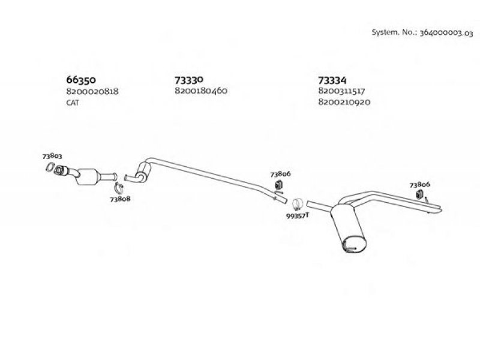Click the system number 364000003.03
(446, 33)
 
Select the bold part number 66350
(81, 80)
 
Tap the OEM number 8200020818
(92, 91)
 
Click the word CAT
(73, 103)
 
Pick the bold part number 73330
(189, 80)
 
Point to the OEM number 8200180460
(201, 91)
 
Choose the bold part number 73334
(332, 80)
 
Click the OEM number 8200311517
(341, 91)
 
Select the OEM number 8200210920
(344, 101)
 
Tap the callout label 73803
(52, 156)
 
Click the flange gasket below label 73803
(50, 167)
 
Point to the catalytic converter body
(88, 176)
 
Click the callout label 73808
(121, 199)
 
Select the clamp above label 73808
(119, 188)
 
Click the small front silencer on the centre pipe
(143, 172)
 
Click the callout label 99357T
(298, 215)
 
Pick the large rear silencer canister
(349, 228)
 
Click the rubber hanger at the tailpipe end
(419, 194)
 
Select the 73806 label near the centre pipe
(280, 174)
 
